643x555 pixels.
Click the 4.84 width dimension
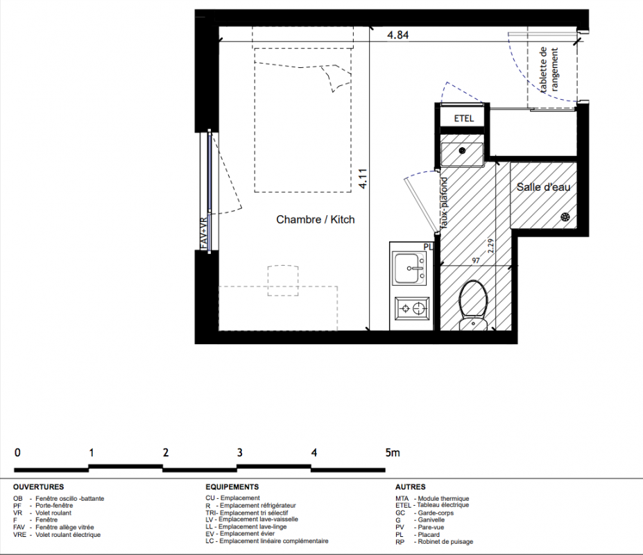click(x=397, y=35)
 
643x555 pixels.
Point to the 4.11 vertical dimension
click(x=363, y=179)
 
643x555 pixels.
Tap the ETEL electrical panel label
click(x=464, y=119)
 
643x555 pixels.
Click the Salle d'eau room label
click(x=543, y=187)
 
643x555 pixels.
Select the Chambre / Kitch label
click(x=316, y=219)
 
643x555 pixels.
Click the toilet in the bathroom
click(x=473, y=305)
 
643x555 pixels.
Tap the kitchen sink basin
click(x=409, y=268)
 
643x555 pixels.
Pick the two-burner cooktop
click(x=412, y=308)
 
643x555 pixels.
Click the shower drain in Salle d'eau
click(x=565, y=217)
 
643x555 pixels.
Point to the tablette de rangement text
click(x=549, y=70)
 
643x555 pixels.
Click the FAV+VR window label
click(x=204, y=232)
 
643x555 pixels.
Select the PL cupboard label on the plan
click(x=428, y=247)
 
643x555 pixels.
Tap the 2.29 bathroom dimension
click(x=490, y=246)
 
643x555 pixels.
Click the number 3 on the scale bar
click(x=239, y=452)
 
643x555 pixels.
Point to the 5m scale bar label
click(x=393, y=452)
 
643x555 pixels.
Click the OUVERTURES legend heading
click(x=39, y=487)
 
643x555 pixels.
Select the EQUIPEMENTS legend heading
click(x=232, y=487)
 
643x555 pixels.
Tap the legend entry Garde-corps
click(x=436, y=513)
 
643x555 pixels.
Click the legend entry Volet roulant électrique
click(x=68, y=534)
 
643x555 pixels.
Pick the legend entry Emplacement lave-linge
click(x=252, y=527)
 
